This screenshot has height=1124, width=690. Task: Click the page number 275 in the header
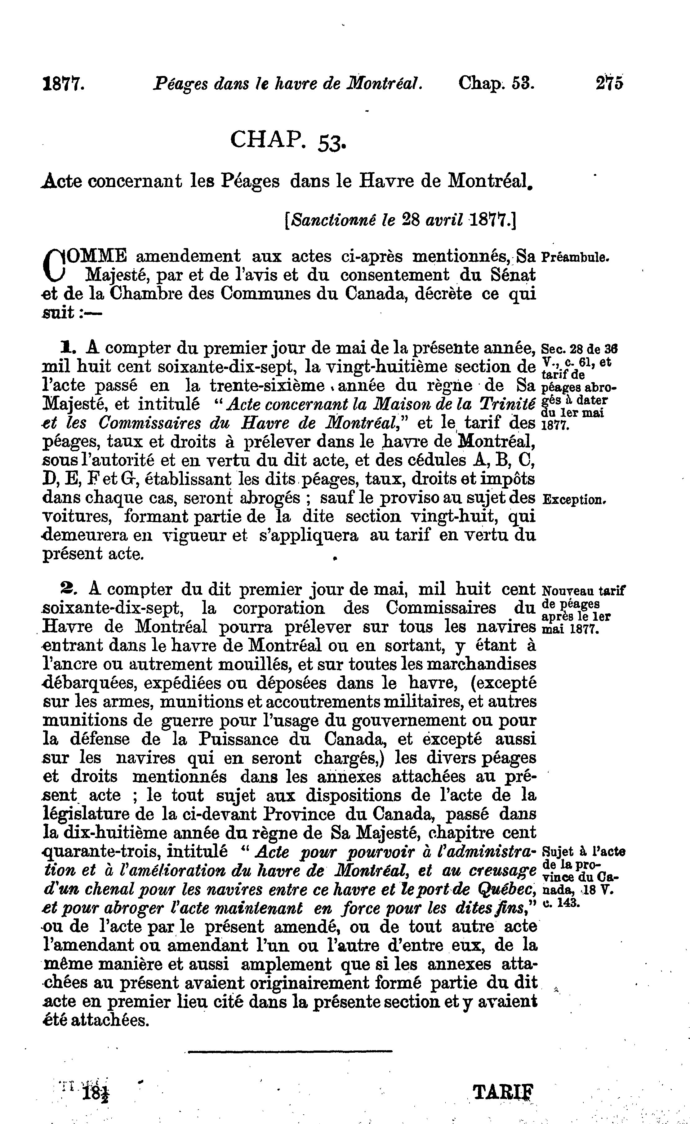(609, 84)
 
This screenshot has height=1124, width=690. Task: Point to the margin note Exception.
(575, 500)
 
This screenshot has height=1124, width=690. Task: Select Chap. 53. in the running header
(496, 84)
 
